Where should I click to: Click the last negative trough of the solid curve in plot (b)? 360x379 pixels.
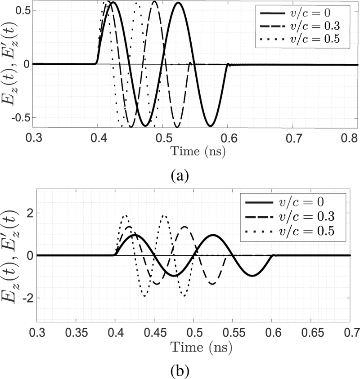pos(252,275)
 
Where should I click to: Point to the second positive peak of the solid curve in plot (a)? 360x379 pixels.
pos(235,3)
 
